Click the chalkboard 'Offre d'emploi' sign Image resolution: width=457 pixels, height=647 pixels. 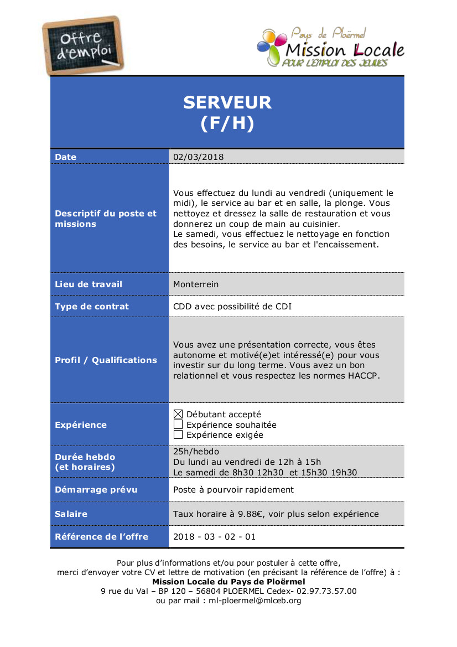[x=84, y=45]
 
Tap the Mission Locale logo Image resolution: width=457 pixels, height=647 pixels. [x=331, y=49]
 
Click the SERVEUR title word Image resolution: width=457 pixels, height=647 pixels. [x=227, y=102]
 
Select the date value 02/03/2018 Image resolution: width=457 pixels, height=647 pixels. [x=199, y=157]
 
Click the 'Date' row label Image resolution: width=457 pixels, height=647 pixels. [x=66, y=157]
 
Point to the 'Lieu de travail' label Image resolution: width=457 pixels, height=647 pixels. [x=89, y=284]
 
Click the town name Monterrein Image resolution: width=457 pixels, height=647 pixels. [x=196, y=284]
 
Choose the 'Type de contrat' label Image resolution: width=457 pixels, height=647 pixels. [x=92, y=307]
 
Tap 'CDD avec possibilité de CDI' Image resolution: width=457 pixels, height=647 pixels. [x=232, y=307]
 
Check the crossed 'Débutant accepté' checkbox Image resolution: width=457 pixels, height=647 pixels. [x=178, y=414]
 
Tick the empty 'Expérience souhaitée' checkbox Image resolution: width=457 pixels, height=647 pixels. [x=178, y=425]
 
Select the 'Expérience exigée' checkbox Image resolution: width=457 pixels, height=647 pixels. [x=178, y=435]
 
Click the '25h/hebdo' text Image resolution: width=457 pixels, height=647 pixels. [x=196, y=452]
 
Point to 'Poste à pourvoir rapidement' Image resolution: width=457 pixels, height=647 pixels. [x=233, y=490]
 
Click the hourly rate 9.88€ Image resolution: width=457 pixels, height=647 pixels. [x=250, y=514]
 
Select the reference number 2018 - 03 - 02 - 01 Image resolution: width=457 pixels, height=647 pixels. [x=215, y=537]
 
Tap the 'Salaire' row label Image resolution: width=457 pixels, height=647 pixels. [x=71, y=514]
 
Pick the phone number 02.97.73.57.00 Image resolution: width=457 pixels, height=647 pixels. [x=326, y=591]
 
